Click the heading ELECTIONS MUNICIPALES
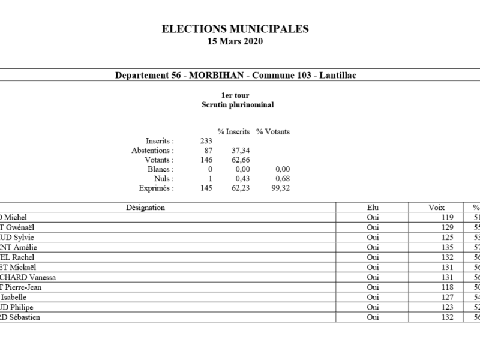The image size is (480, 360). coord(235,28)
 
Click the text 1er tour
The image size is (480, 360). coord(235,95)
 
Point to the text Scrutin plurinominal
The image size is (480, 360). coord(235,104)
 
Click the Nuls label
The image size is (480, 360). coord(164,179)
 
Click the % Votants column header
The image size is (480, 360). coord(273,131)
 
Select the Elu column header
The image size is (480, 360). coord(373,207)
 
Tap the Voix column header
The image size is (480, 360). coord(436,207)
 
